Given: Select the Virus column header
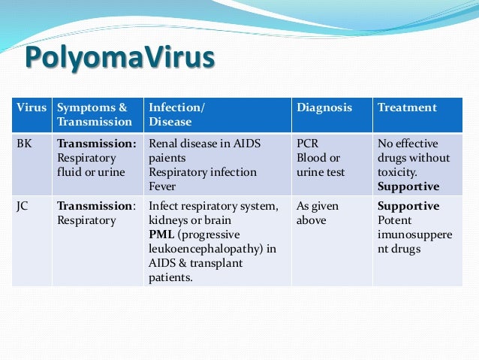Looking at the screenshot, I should click(x=32, y=107).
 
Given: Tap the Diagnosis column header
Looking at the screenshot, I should click(x=324, y=107).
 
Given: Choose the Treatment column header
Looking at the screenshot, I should click(x=406, y=107).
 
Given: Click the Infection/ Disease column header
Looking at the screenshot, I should click(x=177, y=114).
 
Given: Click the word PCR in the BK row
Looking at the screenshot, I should click(x=308, y=144).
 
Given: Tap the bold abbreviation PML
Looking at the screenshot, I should click(x=162, y=234).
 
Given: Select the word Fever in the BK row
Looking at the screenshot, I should click(x=163, y=186).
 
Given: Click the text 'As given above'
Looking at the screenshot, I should click(x=318, y=213).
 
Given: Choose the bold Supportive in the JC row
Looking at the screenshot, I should click(x=408, y=206).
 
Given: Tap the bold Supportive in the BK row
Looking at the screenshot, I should click(x=408, y=186).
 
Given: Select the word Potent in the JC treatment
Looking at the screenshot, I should click(x=395, y=220).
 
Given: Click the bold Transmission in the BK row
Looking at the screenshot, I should click(x=97, y=144).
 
